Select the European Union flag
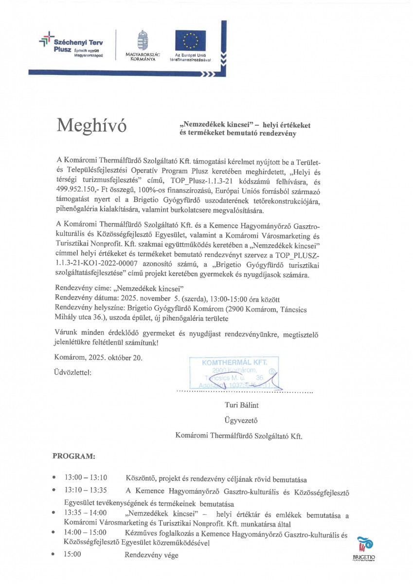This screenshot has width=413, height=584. coord(190,41)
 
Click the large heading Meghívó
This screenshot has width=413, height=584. coord(91,126)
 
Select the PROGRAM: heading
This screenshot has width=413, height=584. coord(74,457)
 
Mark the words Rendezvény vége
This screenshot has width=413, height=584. coord(151,555)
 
